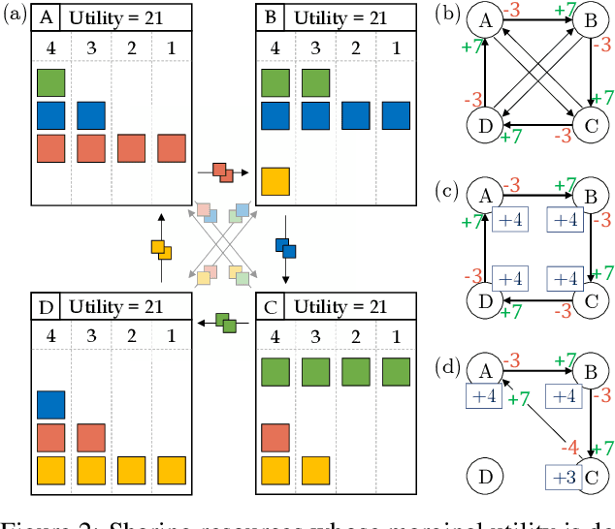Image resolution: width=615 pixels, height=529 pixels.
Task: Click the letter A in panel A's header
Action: tap(47, 16)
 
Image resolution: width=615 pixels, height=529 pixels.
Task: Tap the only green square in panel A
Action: tap(51, 83)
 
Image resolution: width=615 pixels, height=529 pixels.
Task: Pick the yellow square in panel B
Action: tap(276, 180)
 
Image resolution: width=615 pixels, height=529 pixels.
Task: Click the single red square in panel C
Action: tap(276, 438)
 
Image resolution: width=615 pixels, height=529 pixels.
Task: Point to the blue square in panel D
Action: tap(51, 405)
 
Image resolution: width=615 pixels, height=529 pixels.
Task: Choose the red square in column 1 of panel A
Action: tap(171, 148)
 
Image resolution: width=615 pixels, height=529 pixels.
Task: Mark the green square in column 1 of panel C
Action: tap(395, 373)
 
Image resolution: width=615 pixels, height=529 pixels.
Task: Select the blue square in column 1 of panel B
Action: tap(395, 116)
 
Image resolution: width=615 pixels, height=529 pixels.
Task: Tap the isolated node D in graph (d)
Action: tap(483, 476)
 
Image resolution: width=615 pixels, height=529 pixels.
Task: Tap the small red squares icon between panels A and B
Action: tap(222, 171)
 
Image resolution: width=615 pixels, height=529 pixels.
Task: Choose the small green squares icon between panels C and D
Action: tap(225, 321)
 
